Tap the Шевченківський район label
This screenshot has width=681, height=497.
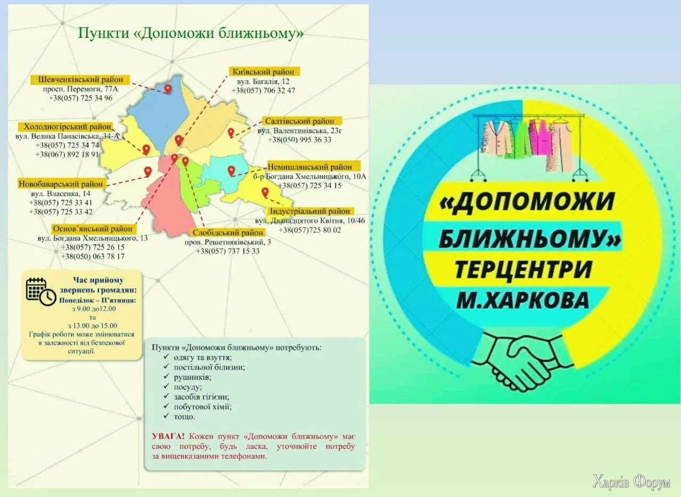80,79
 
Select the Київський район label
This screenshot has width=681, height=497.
264,71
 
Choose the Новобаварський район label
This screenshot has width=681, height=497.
61,184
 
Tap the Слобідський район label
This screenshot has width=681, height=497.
227,233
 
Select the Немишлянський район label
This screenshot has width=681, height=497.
310,167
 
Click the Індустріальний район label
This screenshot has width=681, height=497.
313,211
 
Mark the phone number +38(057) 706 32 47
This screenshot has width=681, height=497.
263,90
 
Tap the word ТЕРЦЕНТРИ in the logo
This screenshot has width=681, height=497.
523,269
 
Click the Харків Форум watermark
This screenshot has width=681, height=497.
632,482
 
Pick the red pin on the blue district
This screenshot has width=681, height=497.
168,89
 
